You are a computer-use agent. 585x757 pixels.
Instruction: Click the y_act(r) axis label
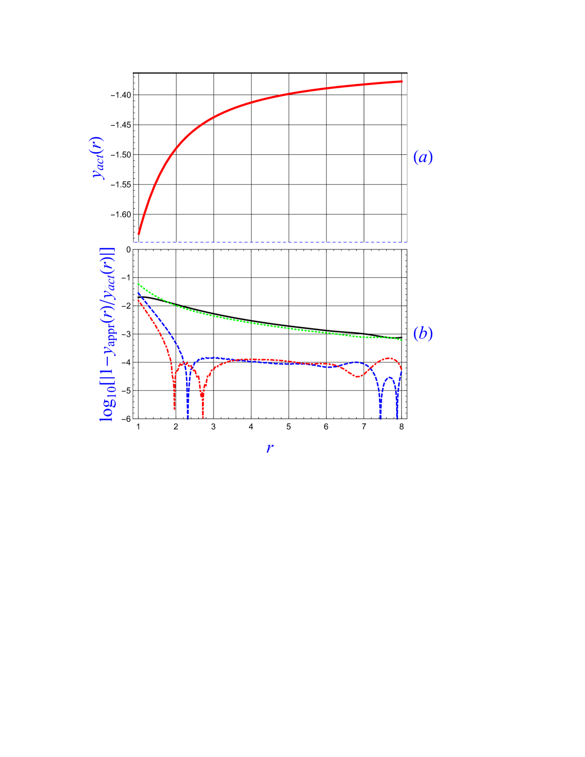(99, 158)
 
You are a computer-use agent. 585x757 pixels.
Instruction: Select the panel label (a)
(423, 157)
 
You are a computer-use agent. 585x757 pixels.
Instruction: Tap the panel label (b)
(423, 334)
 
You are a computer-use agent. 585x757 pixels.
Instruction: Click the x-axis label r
(270, 448)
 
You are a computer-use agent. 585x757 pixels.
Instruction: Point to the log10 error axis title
(107, 334)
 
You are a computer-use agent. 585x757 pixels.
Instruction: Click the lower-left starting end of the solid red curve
(138, 234)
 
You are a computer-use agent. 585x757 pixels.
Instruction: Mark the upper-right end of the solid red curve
(402, 81)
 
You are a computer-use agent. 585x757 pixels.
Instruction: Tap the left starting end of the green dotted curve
(138, 284)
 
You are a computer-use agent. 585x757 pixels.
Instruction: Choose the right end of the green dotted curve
(402, 340)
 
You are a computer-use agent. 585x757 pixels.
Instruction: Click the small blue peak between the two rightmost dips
(389, 377)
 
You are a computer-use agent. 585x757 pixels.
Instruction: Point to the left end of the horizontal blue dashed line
(135, 242)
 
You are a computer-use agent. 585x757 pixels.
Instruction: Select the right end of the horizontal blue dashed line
(407, 242)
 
